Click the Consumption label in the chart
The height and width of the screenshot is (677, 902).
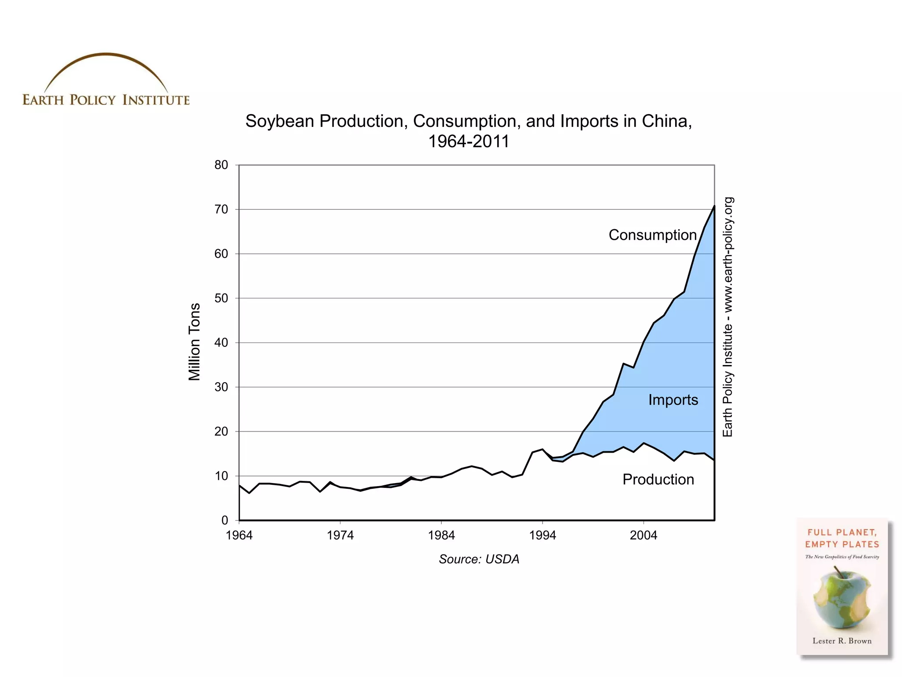click(652, 235)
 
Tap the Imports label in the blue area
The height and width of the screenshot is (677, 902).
click(673, 400)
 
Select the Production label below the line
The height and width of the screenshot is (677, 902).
click(658, 480)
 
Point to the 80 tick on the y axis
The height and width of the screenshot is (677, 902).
click(221, 165)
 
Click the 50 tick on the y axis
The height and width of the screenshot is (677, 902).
click(221, 298)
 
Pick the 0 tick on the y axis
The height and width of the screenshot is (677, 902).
click(225, 521)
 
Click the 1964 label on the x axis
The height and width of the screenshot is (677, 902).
click(239, 536)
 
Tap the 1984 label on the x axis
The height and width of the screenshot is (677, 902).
click(441, 536)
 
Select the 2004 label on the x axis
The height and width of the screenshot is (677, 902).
click(643, 536)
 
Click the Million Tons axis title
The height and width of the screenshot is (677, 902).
click(194, 342)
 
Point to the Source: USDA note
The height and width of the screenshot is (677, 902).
click(479, 559)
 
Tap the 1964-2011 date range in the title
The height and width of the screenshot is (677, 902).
click(469, 141)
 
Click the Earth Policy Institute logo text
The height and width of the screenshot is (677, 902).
click(106, 100)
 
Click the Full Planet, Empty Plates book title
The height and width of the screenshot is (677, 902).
click(842, 538)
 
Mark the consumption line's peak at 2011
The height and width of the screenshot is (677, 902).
click(714, 206)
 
